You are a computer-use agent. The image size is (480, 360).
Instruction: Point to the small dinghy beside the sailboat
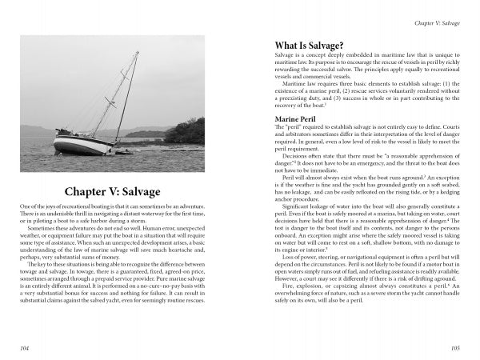point(126,150)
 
